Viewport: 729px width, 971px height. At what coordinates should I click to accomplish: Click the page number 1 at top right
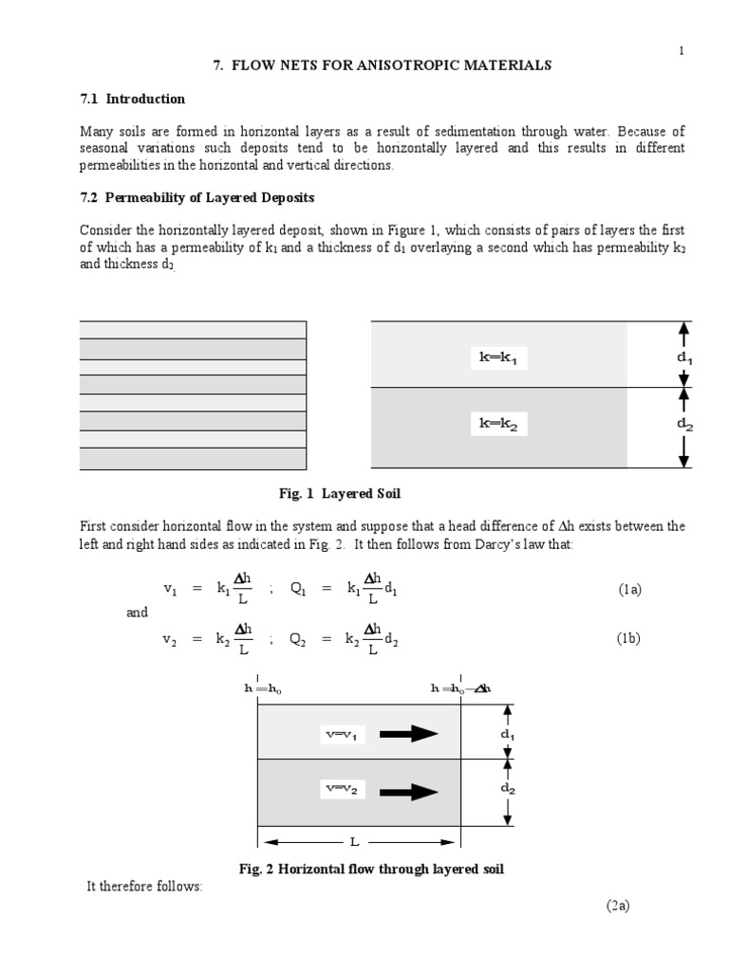point(681,50)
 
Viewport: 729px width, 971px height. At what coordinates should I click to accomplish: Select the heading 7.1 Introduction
point(132,99)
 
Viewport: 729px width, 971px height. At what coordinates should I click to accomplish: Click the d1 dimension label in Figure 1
point(683,357)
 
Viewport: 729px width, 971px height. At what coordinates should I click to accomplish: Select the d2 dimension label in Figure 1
point(683,425)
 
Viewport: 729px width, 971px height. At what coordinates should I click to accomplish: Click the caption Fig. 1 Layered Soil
point(332,494)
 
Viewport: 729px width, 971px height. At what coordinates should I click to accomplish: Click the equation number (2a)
point(619,906)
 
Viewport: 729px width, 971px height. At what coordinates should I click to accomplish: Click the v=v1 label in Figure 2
point(344,734)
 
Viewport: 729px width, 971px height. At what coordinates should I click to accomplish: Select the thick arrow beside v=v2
point(411,790)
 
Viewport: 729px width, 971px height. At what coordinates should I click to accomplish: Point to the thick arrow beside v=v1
point(411,733)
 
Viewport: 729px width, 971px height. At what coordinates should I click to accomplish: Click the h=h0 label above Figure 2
point(263,689)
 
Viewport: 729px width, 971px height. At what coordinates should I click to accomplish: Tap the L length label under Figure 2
point(352,841)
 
